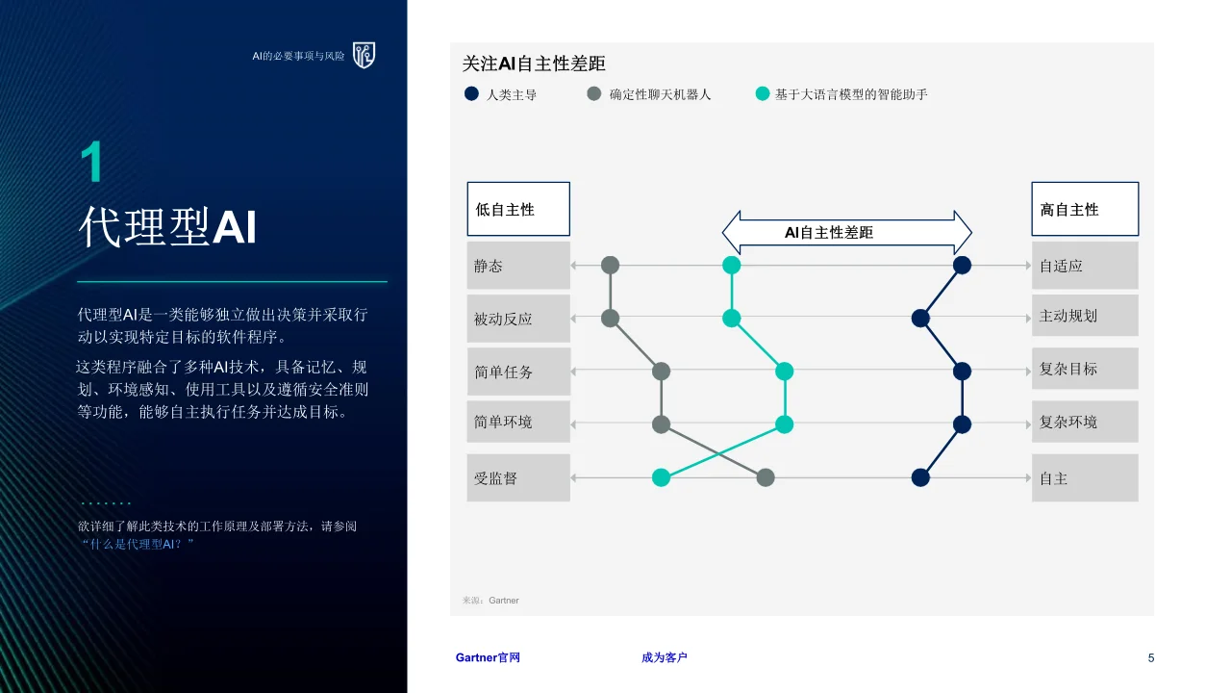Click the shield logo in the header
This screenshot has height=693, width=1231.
point(364,55)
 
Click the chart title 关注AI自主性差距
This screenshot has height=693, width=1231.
point(534,64)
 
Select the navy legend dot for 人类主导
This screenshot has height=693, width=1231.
point(471,93)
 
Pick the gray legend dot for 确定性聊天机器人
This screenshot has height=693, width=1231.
point(594,93)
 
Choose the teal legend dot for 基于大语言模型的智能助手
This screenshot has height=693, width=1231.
point(763,93)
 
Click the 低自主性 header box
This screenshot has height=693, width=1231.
point(518,209)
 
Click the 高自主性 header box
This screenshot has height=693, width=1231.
point(1085,209)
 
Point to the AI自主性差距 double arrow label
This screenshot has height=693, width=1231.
point(829,233)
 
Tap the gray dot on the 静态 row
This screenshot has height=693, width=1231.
point(610,265)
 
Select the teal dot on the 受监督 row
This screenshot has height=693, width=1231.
point(661,477)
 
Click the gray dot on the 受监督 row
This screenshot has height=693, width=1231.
point(766,477)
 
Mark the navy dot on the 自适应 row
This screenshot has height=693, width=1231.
point(962,265)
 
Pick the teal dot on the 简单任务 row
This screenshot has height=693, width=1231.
point(784,372)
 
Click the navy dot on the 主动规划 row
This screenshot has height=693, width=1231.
point(920,318)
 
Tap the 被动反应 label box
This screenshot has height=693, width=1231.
point(518,319)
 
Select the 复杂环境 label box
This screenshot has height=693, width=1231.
point(1085,422)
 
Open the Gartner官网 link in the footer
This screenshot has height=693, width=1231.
point(488,657)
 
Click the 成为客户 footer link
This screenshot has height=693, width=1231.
point(664,657)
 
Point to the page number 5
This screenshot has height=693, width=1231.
point(1151,657)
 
